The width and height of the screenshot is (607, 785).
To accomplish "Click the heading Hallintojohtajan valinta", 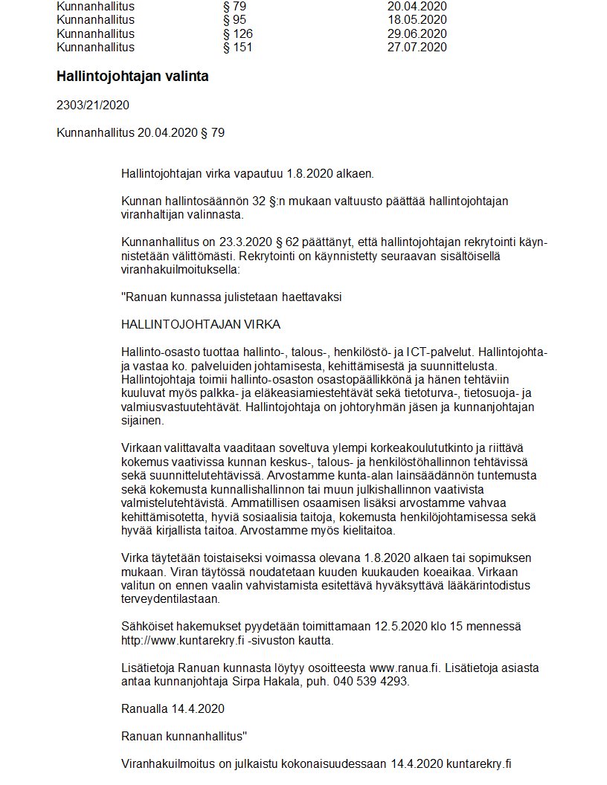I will pos(132,77).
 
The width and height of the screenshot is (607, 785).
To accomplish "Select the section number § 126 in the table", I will pos(238,34).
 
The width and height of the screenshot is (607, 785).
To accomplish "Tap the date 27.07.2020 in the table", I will pos(417,48).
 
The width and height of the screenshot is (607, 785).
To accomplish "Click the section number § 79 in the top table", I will pos(234,7).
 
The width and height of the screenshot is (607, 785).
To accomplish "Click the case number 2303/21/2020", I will pos(93,106).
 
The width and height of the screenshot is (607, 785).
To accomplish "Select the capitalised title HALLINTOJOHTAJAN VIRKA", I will pos(200,326).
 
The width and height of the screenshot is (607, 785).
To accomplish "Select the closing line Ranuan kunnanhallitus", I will pos(184,736).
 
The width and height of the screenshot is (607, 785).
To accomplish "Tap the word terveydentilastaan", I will pos(170,598).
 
